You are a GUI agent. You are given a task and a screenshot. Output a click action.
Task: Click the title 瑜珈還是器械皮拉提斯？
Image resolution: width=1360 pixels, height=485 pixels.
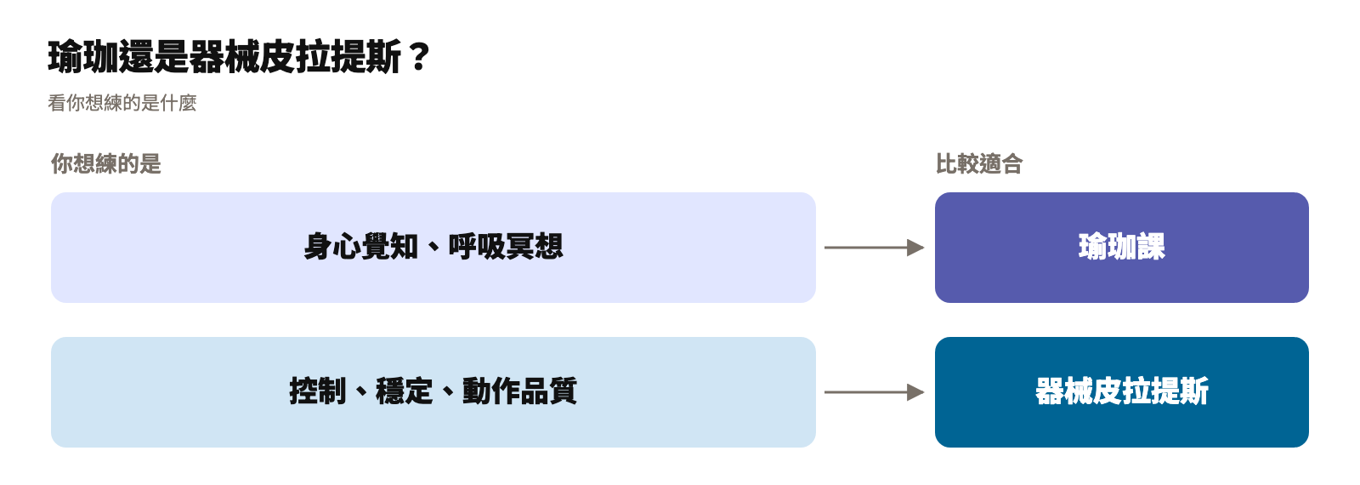click(x=239, y=56)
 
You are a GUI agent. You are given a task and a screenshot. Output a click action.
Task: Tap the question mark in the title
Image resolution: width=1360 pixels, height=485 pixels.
click(x=419, y=56)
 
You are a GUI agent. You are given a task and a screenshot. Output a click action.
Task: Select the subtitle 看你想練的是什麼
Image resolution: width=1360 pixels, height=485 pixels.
click(x=122, y=103)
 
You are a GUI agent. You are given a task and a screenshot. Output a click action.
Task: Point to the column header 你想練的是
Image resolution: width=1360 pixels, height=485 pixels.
click(x=105, y=163)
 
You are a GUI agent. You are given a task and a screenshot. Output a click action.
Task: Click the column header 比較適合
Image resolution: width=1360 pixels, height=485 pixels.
click(x=978, y=163)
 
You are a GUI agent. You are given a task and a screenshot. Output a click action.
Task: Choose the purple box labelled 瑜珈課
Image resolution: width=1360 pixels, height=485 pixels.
click(x=1121, y=248)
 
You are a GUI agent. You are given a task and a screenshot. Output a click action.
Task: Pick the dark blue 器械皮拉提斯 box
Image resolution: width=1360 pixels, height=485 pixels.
click(x=1121, y=392)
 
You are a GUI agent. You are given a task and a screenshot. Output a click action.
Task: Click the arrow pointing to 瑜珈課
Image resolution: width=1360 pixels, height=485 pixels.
click(x=875, y=248)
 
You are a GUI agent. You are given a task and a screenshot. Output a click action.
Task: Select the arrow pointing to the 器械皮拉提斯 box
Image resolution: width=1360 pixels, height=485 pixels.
click(x=875, y=392)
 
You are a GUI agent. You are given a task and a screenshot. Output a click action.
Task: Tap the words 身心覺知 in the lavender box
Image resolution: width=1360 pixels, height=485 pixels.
click(x=360, y=247)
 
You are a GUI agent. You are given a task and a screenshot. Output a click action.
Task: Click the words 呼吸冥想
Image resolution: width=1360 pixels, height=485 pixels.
click(x=506, y=247)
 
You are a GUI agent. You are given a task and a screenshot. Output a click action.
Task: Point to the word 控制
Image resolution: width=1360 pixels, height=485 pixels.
click(x=318, y=391)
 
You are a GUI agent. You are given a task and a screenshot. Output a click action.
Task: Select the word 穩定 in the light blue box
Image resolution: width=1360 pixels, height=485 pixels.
click(x=405, y=391)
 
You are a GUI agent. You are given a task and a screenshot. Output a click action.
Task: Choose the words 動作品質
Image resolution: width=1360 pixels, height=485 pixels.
click(x=519, y=391)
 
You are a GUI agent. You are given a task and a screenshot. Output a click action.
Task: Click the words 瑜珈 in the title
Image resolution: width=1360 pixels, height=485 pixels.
click(x=83, y=56)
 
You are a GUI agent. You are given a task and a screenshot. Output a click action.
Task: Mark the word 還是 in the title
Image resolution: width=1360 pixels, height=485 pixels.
click(x=154, y=56)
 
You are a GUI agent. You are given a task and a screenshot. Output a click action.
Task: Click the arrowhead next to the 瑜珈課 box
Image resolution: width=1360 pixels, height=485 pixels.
click(x=915, y=248)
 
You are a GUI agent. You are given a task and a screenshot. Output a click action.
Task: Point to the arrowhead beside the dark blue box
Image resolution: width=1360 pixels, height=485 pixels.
click(x=915, y=392)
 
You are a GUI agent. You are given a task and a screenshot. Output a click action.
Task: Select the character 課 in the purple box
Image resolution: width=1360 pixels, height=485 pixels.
click(x=1151, y=247)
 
